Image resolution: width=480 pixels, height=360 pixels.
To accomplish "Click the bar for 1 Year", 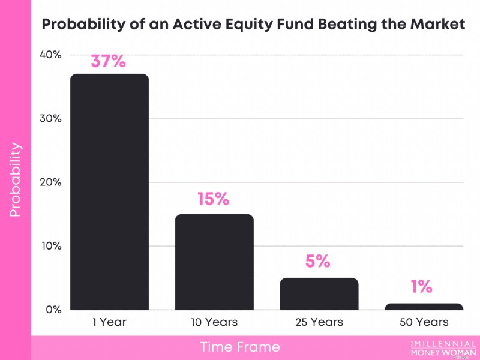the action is [x=110, y=192].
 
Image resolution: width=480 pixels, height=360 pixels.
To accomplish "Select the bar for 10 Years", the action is [x=214, y=262].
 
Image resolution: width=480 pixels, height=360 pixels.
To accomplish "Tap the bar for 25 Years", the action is [x=319, y=294].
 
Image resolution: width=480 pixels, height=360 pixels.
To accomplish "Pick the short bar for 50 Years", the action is [x=424, y=307].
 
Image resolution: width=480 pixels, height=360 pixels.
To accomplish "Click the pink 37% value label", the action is [x=109, y=61].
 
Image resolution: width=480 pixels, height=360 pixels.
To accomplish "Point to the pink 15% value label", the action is [x=214, y=199].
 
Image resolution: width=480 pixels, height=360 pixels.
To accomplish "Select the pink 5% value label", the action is [x=318, y=261].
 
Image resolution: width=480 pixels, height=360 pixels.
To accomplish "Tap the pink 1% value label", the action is [x=422, y=287].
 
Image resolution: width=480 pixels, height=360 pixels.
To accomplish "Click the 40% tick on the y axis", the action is [x=50, y=55].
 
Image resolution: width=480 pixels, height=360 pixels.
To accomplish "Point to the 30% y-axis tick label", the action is [x=50, y=118].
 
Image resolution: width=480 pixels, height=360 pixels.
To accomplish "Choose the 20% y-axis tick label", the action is [x=50, y=182].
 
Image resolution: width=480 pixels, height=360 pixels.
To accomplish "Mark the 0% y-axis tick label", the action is [x=53, y=310].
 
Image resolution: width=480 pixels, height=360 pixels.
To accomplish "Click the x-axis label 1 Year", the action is [x=110, y=322].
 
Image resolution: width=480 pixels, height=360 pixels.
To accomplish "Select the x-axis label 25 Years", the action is [x=319, y=322].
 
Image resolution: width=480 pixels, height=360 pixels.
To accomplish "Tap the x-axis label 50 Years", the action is [x=424, y=322].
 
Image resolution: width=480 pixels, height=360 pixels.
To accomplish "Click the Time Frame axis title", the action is [x=240, y=347].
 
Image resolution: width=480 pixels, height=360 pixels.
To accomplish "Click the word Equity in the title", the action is [x=249, y=25].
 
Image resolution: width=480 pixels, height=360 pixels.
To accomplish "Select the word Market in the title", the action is [x=438, y=24].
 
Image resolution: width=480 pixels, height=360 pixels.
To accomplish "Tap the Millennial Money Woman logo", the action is [x=443, y=349].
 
